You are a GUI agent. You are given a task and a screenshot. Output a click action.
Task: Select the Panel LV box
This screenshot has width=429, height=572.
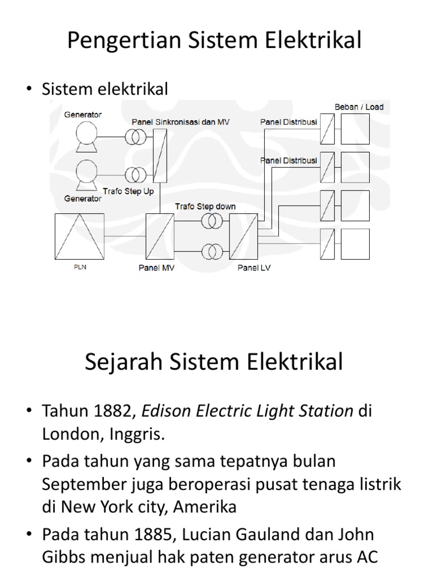[x=245, y=236]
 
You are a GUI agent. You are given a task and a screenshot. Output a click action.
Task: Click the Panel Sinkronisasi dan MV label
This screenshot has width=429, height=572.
[x=173, y=121]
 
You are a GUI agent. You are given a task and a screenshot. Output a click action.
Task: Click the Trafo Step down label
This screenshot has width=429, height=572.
[x=205, y=207]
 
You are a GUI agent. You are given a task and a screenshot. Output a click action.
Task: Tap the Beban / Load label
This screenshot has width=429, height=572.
[x=359, y=107]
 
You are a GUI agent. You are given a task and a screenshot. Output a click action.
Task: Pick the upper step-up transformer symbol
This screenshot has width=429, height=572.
[x=134, y=137]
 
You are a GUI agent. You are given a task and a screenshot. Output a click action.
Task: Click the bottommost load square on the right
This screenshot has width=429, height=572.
[x=355, y=244]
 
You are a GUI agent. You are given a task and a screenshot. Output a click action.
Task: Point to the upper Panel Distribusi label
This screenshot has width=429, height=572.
[x=289, y=121]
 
